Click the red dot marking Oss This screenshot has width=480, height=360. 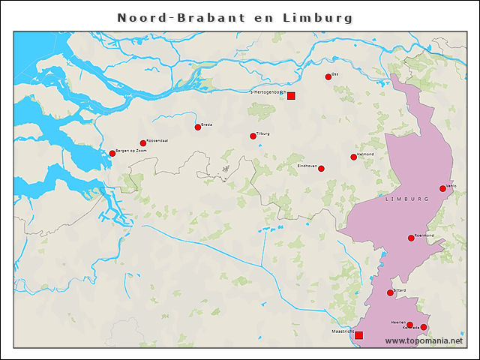click(328, 76)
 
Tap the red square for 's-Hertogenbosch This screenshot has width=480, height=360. click(291, 95)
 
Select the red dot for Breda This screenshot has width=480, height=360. click(198, 127)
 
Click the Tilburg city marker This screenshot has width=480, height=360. click(253, 136)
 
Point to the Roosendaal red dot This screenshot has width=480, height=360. click(142, 142)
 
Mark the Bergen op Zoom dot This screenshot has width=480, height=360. click(112, 153)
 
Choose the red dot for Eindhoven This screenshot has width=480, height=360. click(321, 168)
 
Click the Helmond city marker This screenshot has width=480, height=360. click(353, 157)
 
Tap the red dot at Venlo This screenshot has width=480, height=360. click(442, 188)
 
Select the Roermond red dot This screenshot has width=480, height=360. click(411, 238)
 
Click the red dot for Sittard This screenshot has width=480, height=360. click(390, 292)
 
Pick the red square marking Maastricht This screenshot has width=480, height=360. click(358, 334)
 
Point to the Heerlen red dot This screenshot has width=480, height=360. click(409, 324)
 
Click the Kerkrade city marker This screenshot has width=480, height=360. click(424, 327)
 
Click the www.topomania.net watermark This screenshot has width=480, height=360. click(424, 341)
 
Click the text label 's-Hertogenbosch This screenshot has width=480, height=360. click(268, 92)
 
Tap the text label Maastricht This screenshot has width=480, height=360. click(342, 331)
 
